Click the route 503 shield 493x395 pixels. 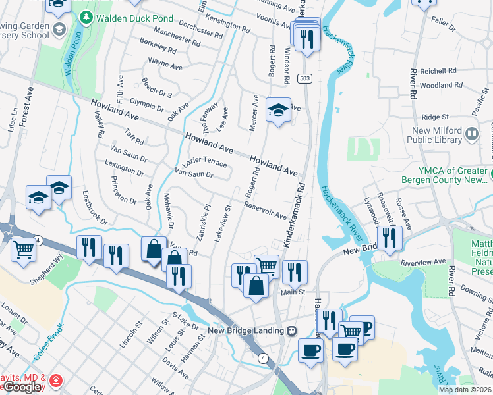click(x=307, y=78)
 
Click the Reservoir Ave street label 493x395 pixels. click(x=265, y=211)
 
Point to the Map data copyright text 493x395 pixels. click(x=465, y=390)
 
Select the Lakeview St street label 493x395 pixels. click(x=223, y=224)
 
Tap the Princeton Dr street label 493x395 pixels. click(x=124, y=189)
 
